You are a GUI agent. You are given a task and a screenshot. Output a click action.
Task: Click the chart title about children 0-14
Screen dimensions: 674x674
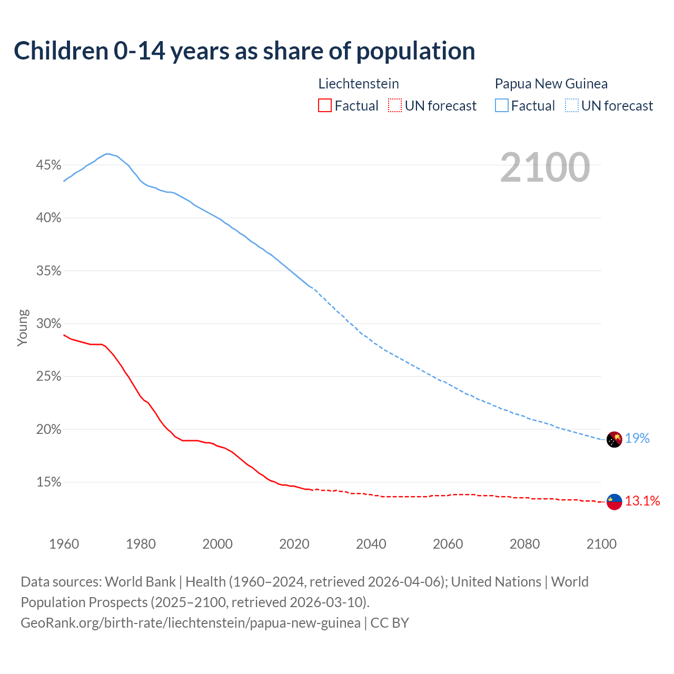point(244,51)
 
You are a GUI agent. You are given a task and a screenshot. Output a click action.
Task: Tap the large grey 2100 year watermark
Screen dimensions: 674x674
point(545,167)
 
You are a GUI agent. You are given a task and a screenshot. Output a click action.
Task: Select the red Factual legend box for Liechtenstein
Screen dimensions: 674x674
point(325,106)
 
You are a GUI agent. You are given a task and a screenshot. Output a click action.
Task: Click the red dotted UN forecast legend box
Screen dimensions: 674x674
point(395,106)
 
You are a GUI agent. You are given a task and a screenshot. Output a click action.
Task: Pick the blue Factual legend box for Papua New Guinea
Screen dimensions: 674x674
point(502,106)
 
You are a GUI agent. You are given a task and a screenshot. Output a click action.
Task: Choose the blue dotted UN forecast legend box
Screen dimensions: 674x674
point(572,106)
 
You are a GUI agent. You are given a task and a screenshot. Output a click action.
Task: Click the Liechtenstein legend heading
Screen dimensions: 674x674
point(359,84)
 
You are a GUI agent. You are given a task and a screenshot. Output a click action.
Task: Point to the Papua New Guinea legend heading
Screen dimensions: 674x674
point(551,84)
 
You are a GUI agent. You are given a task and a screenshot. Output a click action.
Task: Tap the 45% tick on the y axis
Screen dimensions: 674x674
point(48,165)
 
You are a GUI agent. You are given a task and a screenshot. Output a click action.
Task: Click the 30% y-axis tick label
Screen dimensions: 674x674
point(48,324)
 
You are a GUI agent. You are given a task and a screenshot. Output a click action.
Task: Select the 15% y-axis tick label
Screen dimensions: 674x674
point(48,482)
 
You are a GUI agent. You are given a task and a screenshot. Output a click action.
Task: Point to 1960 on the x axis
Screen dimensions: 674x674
point(64,544)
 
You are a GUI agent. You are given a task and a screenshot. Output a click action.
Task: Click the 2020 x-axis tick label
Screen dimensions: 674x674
point(294,544)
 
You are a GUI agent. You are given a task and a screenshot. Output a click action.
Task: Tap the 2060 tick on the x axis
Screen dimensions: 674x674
point(448,544)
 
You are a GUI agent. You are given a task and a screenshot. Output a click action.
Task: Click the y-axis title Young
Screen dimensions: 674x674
point(23,328)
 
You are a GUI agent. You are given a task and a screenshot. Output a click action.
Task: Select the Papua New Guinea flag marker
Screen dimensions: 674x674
point(614,439)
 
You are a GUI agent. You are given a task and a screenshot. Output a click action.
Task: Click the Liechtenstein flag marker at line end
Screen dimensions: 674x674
point(614,502)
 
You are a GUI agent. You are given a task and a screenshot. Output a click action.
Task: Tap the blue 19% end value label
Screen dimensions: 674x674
point(637,439)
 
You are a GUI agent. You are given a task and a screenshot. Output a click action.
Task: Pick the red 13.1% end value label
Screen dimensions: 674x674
point(642,501)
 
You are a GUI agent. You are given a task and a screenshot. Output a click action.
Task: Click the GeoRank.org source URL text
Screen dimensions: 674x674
point(191,623)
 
